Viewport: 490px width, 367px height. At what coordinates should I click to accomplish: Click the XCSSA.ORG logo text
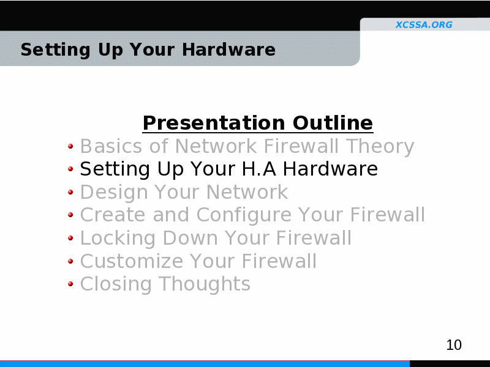[x=424, y=24]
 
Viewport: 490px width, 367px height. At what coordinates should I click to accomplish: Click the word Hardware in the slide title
[x=228, y=50]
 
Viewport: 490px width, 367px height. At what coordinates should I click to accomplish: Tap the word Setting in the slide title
[x=55, y=50]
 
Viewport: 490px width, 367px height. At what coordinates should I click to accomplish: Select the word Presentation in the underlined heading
[x=214, y=123]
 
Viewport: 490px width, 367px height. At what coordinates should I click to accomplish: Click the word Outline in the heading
[x=333, y=123]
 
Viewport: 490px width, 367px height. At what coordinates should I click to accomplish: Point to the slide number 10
[x=454, y=345]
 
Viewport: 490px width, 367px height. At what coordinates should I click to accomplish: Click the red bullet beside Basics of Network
[x=70, y=146]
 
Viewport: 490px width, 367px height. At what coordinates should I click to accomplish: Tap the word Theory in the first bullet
[x=380, y=146]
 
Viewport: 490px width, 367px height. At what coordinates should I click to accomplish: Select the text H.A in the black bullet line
[x=259, y=169]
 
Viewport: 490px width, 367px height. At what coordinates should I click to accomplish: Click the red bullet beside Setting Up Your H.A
[x=70, y=169]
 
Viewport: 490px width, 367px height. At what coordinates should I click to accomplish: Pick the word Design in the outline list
[x=114, y=192]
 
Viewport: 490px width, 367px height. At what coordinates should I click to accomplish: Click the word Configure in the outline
[x=243, y=215]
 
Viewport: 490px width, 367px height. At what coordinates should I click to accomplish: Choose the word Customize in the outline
[x=132, y=261]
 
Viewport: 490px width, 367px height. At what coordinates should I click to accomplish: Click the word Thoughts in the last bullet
[x=205, y=284]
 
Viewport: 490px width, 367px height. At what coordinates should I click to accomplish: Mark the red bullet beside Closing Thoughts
[x=70, y=284]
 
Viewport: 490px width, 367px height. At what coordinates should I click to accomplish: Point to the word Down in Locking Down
[x=190, y=238]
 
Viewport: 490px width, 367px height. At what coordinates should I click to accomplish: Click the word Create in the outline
[x=113, y=215]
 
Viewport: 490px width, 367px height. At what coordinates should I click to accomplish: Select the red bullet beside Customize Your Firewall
[x=70, y=261]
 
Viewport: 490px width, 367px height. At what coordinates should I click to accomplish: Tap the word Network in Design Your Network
[x=247, y=192]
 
